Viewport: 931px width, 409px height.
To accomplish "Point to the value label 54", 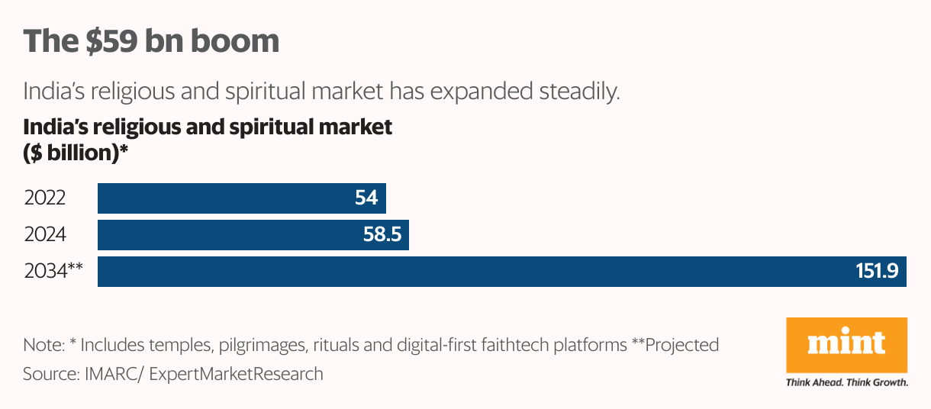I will [366, 198].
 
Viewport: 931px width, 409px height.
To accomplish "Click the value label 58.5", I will [382, 235].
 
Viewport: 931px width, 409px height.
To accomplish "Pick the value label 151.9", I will [877, 272].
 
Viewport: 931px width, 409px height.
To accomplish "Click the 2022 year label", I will [45, 198].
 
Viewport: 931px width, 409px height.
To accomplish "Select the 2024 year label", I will [45, 235].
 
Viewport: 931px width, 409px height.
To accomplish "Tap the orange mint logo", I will [846, 344].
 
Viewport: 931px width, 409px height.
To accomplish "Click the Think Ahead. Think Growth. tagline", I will [846, 382].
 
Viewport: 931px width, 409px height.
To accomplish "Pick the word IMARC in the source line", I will [98, 374].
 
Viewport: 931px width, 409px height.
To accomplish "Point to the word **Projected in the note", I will [675, 345].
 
